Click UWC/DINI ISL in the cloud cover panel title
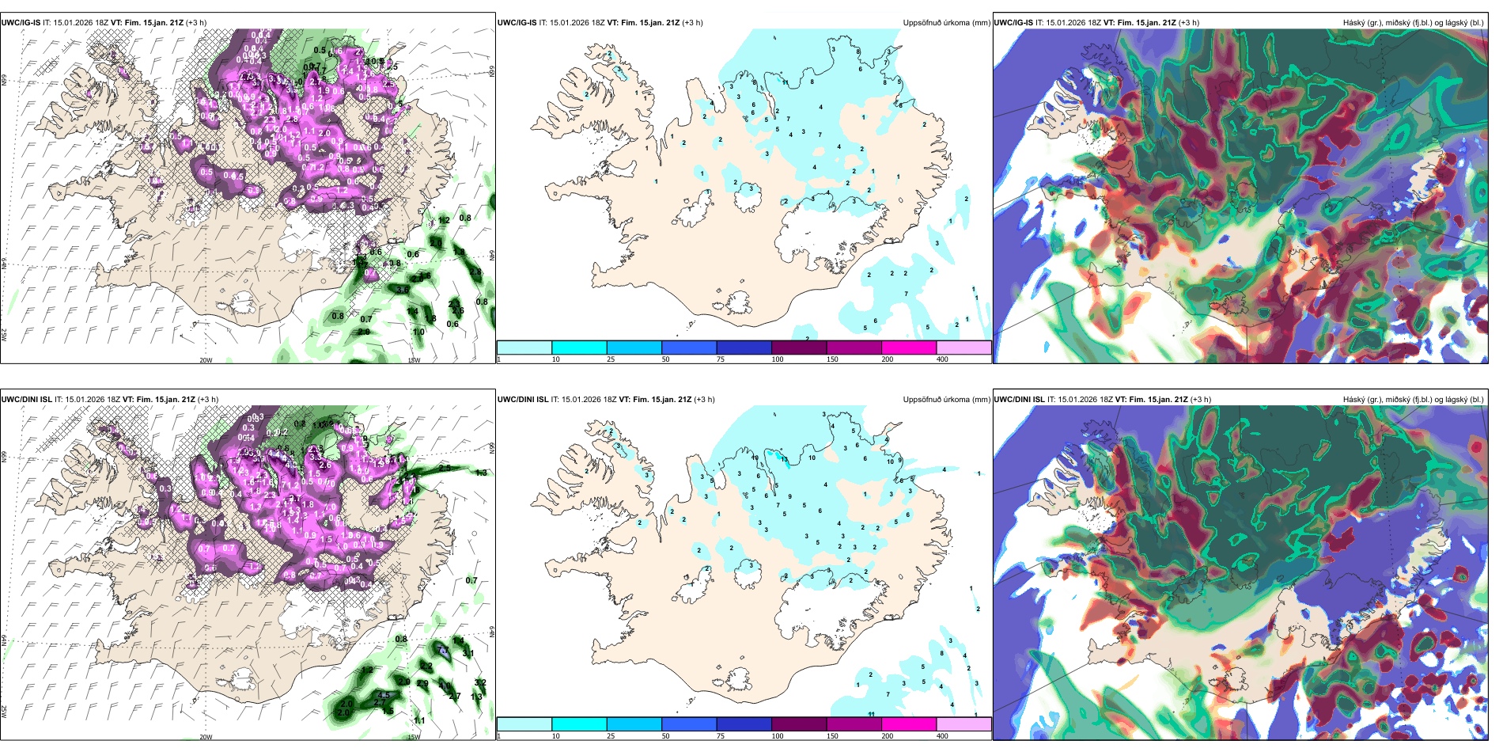pos(1019,400)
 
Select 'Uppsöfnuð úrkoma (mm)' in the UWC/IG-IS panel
pos(946,23)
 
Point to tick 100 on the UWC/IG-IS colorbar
pos(778,359)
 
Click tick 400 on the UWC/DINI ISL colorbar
pos(942,736)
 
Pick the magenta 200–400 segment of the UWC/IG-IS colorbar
pos(909,348)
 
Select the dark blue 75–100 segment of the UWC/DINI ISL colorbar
pos(744,724)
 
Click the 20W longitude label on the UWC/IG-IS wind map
pos(206,360)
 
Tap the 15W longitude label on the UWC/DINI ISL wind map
pos(414,737)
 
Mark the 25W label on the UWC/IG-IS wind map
pos(4,334)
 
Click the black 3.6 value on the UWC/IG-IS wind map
pos(403,291)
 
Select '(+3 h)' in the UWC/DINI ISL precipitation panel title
pos(704,400)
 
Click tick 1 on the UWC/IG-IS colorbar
pos(499,359)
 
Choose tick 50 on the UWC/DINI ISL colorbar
pos(665,736)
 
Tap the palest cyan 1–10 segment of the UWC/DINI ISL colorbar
pos(524,724)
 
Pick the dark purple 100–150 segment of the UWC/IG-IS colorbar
pos(799,348)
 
